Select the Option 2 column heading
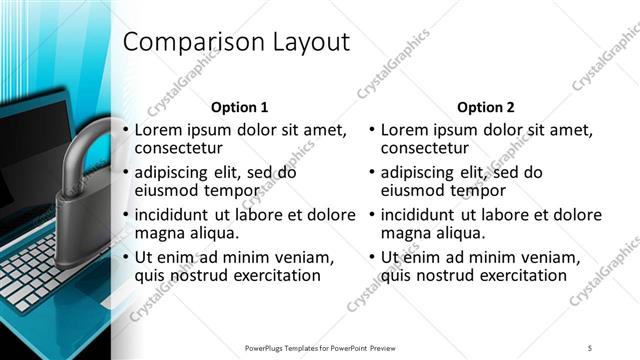pyautogui.click(x=486, y=107)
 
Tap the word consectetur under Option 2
pyautogui.click(x=429, y=148)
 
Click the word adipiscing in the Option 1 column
pyautogui.click(x=179, y=172)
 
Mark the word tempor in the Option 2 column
pyautogui.click(x=483, y=190)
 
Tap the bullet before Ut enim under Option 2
pyautogui.click(x=372, y=257)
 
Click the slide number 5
pyautogui.click(x=590, y=347)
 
